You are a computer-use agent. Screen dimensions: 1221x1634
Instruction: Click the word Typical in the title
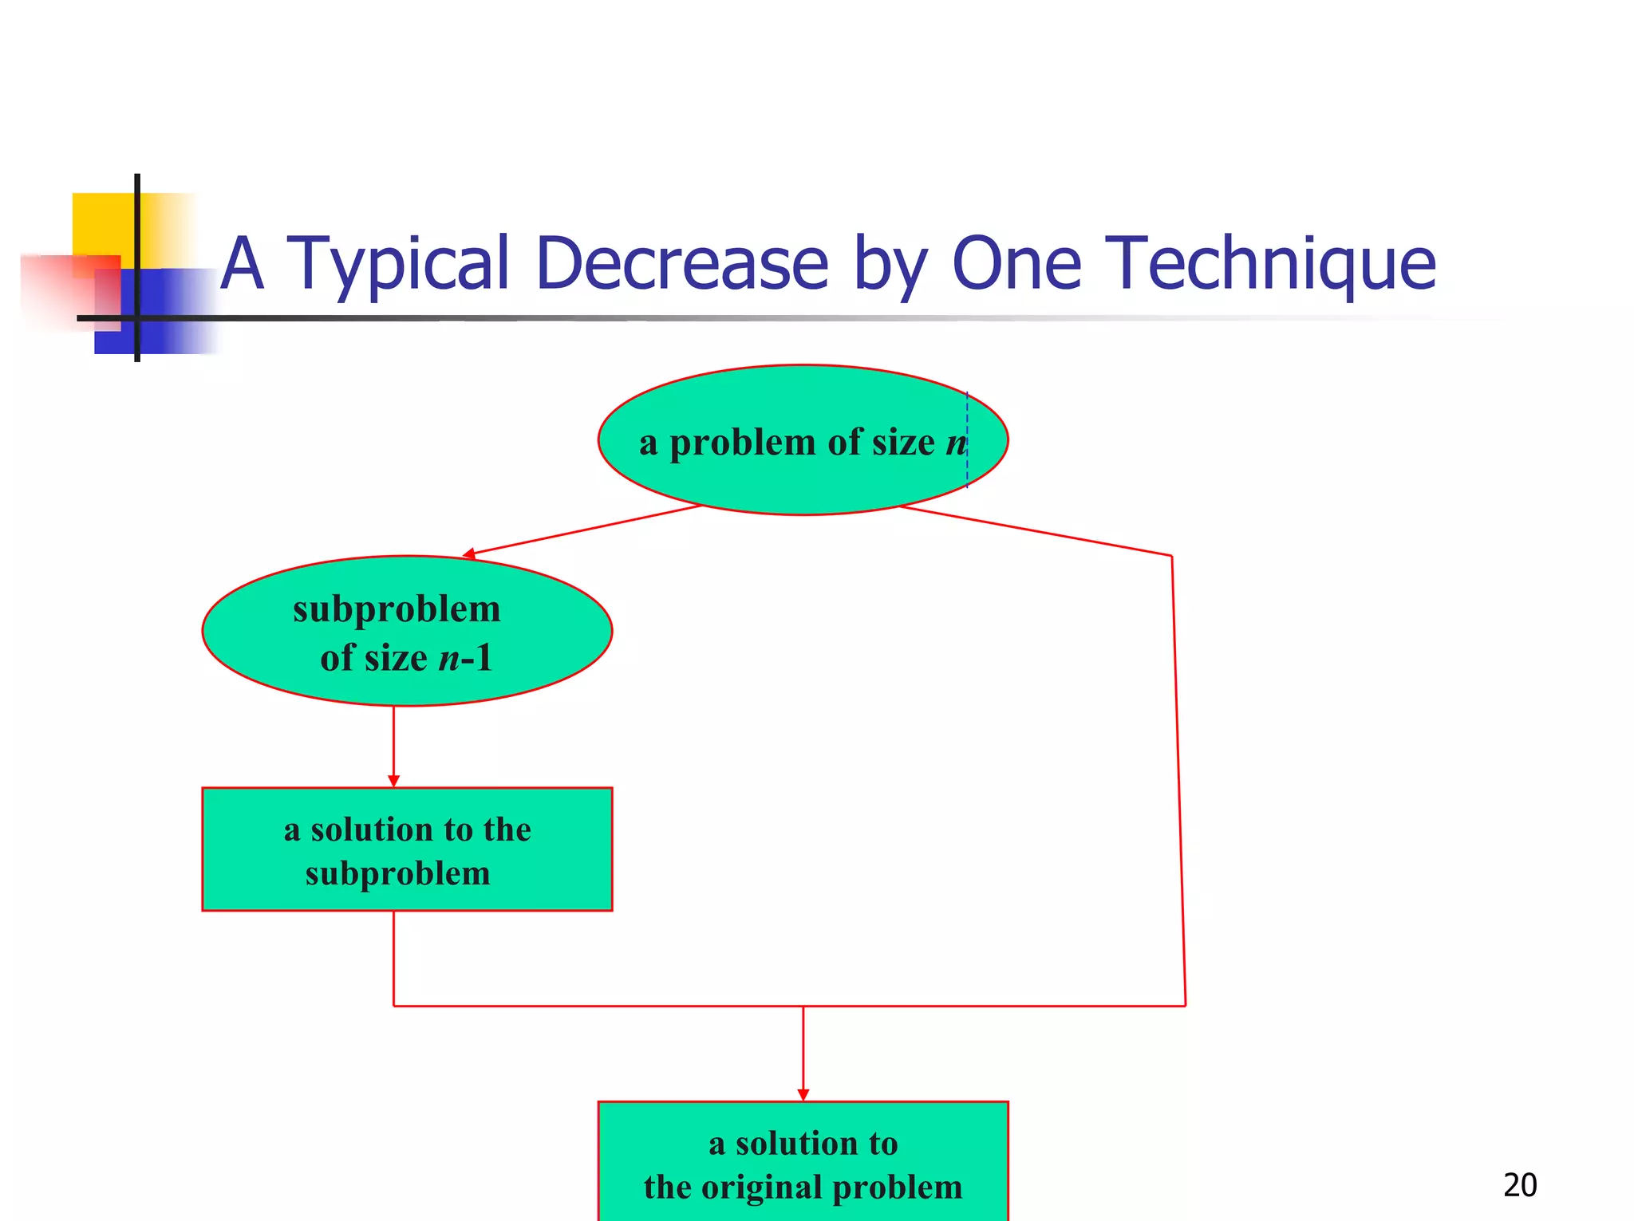point(397,264)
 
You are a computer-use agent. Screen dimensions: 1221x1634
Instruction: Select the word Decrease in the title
point(682,264)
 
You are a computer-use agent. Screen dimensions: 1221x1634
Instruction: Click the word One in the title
point(1016,264)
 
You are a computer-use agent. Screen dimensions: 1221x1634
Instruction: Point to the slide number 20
point(1519,1185)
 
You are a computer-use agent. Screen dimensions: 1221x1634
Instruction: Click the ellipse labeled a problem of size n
point(803,479)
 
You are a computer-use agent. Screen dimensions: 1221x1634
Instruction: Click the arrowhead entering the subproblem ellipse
point(469,553)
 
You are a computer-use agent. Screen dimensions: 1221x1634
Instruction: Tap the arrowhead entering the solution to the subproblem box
point(393,781)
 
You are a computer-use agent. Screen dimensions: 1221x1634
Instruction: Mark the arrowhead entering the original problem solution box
point(803,1095)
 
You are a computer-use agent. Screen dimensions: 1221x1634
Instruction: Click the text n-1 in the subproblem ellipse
point(465,659)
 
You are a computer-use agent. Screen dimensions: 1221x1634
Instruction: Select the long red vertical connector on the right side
point(1178,782)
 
